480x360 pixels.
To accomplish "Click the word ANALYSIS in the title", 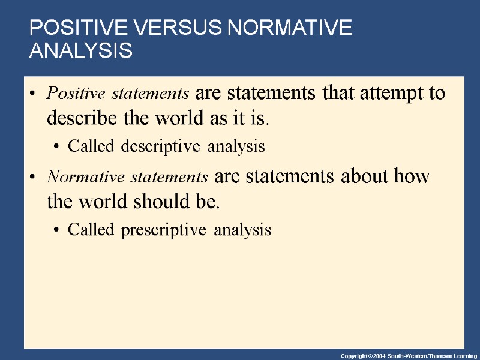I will coord(80,51).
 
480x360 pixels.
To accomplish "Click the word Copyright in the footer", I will coord(354,355).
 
